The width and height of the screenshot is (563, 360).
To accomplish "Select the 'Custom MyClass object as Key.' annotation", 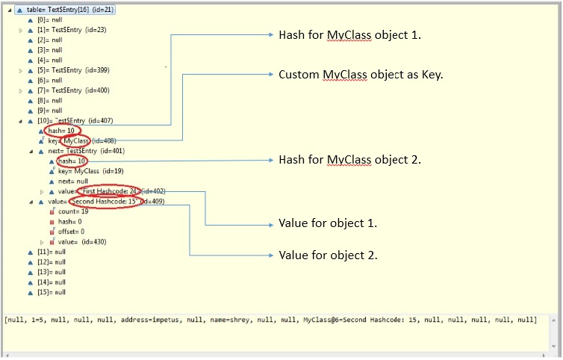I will tap(361, 75).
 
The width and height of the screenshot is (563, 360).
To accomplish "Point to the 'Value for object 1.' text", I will tap(328, 223).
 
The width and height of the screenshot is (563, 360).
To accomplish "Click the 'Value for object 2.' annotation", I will tap(328, 255).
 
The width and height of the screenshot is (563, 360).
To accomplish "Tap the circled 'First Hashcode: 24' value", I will tap(108, 191).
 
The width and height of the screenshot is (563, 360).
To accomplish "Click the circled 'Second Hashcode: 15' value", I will tap(105, 202).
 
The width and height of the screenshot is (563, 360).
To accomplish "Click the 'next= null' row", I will tap(73, 181).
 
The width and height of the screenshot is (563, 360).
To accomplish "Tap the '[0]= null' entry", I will tap(50, 20).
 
